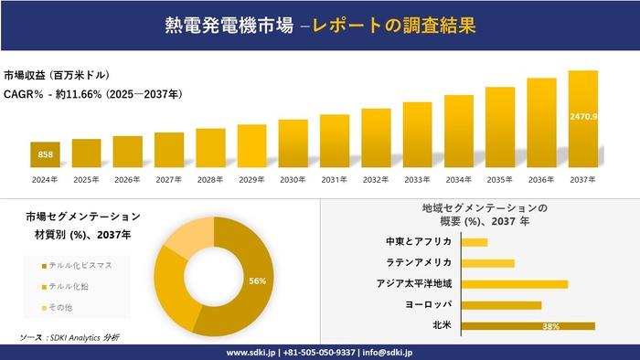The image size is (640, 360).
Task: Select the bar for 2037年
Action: point(583,120)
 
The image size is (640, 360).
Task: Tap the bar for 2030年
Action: point(293,143)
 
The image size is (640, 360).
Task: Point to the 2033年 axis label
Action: point(417,180)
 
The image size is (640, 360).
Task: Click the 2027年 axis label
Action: point(169,180)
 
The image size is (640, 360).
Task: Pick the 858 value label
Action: point(45,154)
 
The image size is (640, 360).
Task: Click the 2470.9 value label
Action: point(583,116)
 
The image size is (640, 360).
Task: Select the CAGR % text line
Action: point(92,93)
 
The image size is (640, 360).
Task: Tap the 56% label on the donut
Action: point(257,281)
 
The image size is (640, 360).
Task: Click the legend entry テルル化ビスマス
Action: point(80,265)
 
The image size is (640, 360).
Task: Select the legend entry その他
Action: point(65,307)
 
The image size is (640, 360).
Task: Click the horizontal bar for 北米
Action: point(528,325)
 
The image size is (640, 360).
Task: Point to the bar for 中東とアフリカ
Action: point(475,242)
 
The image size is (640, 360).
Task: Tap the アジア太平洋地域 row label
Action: point(413,283)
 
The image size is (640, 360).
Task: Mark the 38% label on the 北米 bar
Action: point(550,326)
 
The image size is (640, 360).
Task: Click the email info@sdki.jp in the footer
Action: point(388,352)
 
